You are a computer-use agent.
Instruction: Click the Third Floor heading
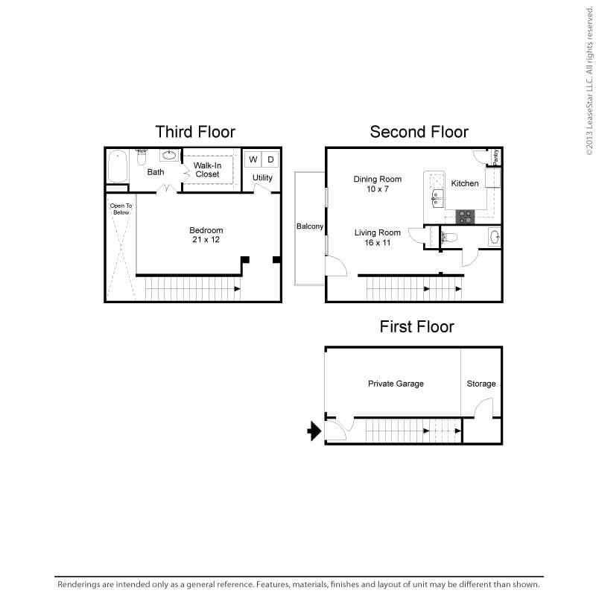[195, 132]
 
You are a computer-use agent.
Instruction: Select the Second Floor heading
[419, 132]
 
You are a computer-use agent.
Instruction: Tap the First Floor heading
[416, 326]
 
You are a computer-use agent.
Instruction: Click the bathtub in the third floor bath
[118, 167]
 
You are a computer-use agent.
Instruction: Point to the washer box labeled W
[253, 159]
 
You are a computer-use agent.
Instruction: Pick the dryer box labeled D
[270, 159]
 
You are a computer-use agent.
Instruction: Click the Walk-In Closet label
[207, 169]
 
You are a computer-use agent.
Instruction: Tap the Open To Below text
[120, 209]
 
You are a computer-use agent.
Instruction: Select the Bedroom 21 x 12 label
[206, 235]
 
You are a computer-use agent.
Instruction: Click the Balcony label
[309, 226]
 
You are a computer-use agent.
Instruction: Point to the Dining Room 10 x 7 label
[378, 184]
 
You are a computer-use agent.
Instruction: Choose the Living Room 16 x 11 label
[377, 238]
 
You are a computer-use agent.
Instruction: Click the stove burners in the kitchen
[466, 216]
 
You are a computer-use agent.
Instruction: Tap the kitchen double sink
[437, 197]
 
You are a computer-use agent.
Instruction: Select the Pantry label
[496, 156]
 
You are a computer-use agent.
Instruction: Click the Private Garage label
[396, 384]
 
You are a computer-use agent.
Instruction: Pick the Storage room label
[481, 384]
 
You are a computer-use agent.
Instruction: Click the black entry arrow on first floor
[314, 431]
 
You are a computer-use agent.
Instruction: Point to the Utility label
[262, 178]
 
